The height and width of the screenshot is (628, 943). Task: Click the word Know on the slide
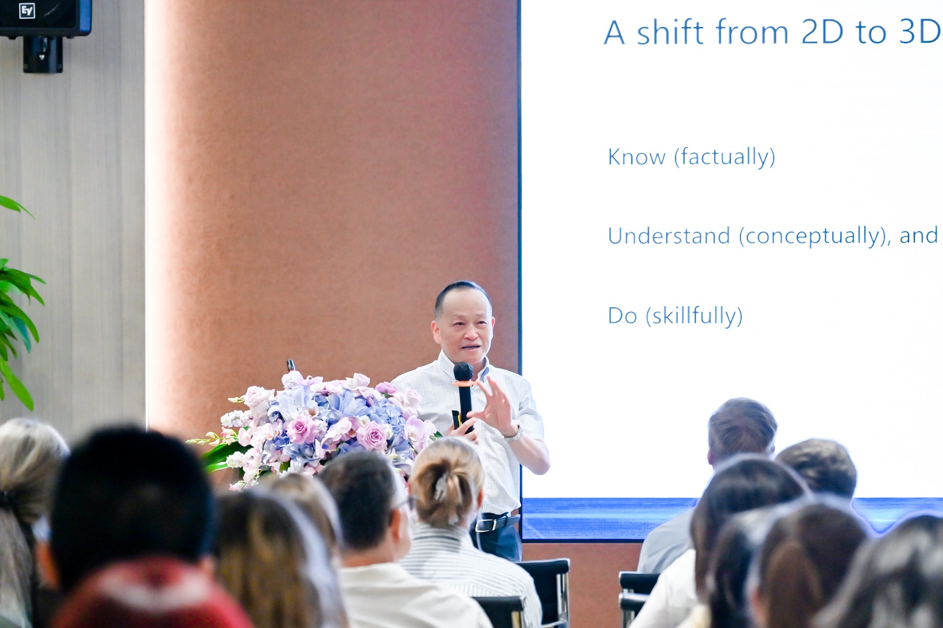pos(637,156)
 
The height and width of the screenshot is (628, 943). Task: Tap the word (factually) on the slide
pos(725,158)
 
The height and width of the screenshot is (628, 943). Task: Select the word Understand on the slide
pos(669,236)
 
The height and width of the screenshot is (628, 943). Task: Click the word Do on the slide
pos(622,316)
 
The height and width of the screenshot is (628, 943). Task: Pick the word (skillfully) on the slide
pos(694,316)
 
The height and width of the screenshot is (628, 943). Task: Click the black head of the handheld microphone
pos(463,372)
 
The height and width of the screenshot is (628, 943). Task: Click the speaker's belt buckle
pos(484,523)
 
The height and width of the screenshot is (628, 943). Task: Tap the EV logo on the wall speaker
pos(27,10)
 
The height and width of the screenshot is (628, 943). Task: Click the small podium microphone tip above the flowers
pos(291,365)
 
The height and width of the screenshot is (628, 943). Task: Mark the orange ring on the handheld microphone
pos(464,384)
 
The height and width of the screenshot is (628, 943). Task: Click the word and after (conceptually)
pos(918,236)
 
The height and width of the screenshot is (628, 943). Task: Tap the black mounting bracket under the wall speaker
pos(43,54)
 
